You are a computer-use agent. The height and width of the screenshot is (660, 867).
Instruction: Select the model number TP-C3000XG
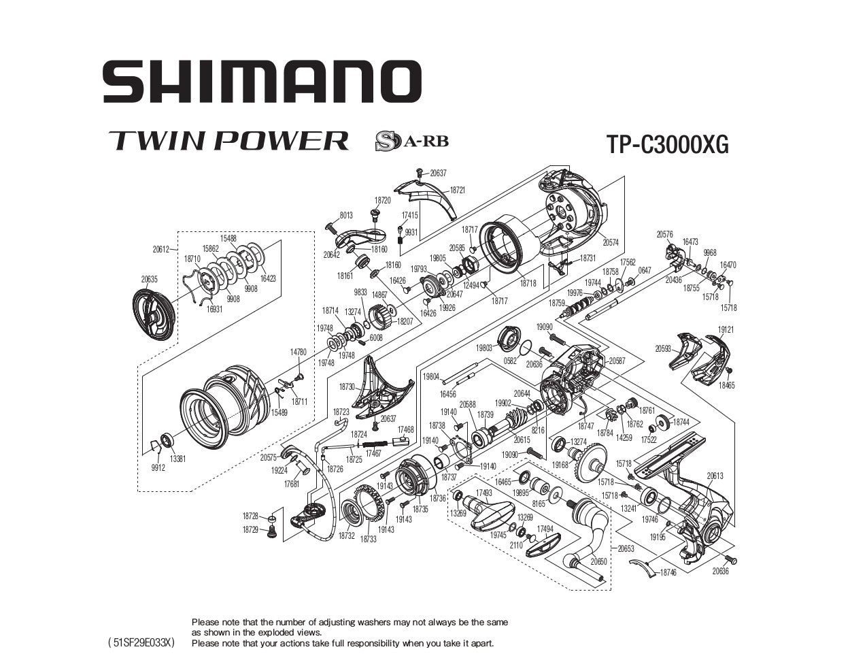coord(666,144)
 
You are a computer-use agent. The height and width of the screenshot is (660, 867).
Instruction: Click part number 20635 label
coord(150,279)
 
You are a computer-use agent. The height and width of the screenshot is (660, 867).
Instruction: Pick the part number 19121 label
coord(726,329)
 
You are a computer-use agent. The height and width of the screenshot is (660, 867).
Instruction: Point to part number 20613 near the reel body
coord(715,476)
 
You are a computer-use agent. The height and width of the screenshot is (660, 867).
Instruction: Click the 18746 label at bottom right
coord(668,573)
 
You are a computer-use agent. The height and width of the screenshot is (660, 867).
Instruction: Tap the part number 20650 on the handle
coord(598,561)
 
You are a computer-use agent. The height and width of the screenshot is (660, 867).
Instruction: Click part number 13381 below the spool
coord(177,459)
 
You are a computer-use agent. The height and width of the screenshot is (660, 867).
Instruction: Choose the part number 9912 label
coord(157,468)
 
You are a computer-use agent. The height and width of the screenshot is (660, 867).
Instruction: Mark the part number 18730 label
coord(347,386)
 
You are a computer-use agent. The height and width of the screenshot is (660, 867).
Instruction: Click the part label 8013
coord(345,216)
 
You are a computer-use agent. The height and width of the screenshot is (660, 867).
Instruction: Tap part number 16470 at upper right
coord(728,265)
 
